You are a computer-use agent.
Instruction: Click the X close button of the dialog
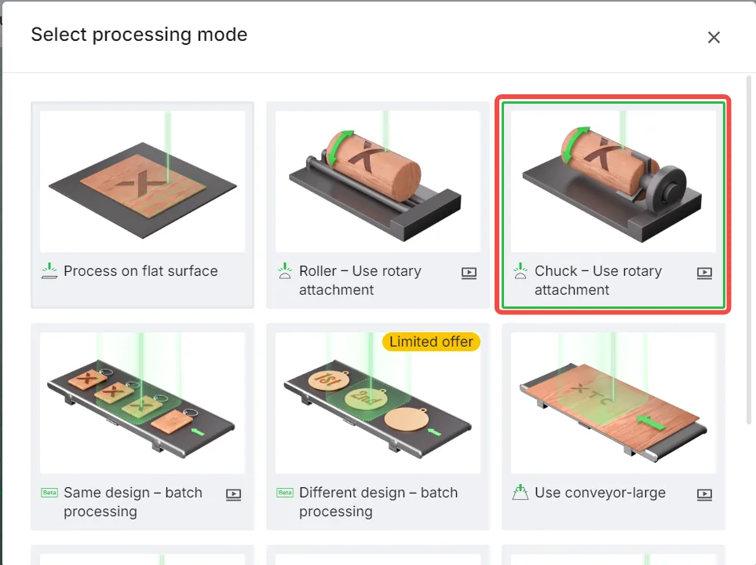coord(714,37)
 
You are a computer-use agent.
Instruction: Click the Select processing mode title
coord(139,35)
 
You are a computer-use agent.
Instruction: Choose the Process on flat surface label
coord(141,271)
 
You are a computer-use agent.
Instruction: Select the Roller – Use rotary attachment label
coord(360,281)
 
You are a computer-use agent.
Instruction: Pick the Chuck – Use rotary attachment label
coord(598,281)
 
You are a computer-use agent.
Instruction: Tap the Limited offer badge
coord(431,342)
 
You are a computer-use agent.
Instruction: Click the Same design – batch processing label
coord(133,502)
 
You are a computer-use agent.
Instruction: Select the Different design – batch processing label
coord(378,502)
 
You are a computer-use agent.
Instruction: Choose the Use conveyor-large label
coord(600,493)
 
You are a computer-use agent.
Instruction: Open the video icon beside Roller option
coord(469,273)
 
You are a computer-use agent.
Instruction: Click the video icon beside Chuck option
coord(704,273)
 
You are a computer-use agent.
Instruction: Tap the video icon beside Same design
coord(233,494)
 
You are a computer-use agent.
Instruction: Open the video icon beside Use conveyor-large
coord(704,494)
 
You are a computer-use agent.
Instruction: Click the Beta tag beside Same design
coord(49,493)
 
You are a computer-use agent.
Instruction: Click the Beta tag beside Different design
coord(285,493)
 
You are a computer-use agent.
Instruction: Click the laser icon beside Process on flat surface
coord(49,271)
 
